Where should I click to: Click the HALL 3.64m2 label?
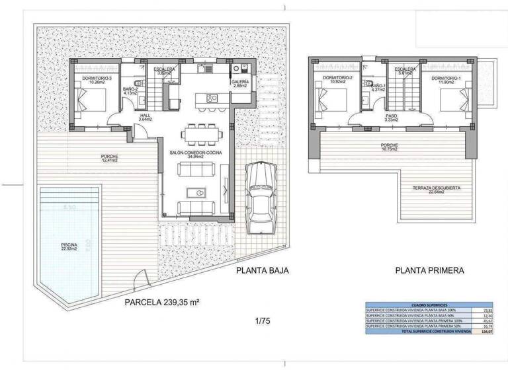pyautogui.click(x=145, y=117)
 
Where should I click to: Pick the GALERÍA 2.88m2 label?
pyautogui.click(x=240, y=84)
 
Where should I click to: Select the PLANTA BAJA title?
pyautogui.click(x=263, y=270)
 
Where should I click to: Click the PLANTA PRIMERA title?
pyautogui.click(x=430, y=270)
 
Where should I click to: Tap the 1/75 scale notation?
pyautogui.click(x=263, y=322)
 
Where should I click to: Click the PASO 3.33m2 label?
pyautogui.click(x=392, y=118)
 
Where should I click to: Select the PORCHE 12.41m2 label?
pyautogui.click(x=109, y=157)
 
